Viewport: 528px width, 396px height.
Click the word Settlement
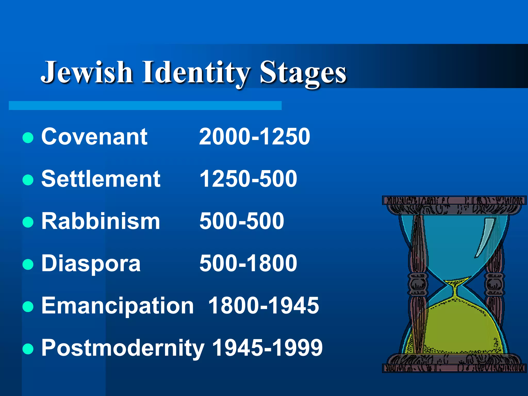tap(101, 179)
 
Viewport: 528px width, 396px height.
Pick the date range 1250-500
tap(248, 179)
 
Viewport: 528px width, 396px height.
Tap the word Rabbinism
tap(101, 221)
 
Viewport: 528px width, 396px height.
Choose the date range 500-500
tap(242, 221)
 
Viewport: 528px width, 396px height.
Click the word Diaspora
tap(91, 263)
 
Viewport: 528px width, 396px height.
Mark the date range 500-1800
tap(248, 263)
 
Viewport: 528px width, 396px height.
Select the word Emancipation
tap(118, 306)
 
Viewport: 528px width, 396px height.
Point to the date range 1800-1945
tap(263, 306)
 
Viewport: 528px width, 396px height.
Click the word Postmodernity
tap(123, 348)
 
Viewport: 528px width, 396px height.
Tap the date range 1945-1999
tap(267, 348)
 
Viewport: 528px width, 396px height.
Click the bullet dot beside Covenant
tap(28, 137)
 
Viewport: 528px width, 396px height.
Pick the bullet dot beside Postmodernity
tap(28, 349)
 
